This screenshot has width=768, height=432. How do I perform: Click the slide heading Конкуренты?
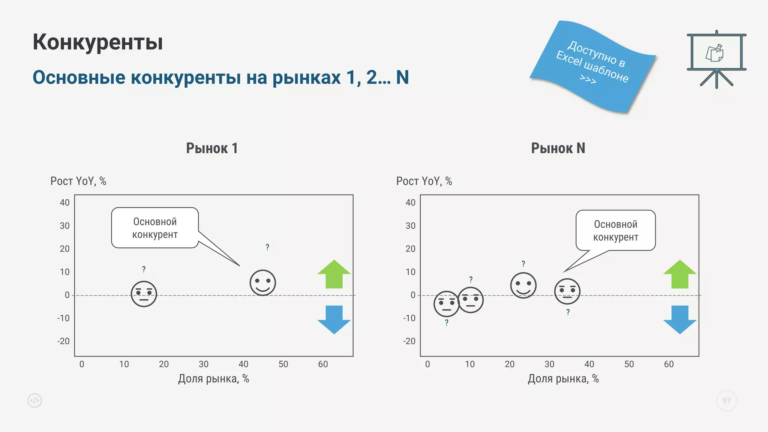(x=97, y=42)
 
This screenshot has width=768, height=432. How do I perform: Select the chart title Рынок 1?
(x=212, y=148)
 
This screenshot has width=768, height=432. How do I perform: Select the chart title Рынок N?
(x=558, y=148)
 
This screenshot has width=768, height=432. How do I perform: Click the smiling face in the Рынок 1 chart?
(x=263, y=283)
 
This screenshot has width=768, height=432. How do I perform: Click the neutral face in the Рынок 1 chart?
(x=144, y=294)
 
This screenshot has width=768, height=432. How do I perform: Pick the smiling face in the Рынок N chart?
(x=523, y=285)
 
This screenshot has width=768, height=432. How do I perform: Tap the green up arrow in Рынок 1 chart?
(x=334, y=274)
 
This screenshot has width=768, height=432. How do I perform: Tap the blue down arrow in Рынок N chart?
(x=679, y=319)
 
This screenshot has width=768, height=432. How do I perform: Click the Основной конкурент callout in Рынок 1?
(x=155, y=228)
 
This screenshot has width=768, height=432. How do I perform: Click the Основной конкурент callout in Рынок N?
(x=615, y=231)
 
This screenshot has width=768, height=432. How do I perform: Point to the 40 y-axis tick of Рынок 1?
(x=65, y=203)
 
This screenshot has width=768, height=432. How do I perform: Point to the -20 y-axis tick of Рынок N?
(x=409, y=341)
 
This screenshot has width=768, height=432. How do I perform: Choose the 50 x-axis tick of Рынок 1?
(x=283, y=364)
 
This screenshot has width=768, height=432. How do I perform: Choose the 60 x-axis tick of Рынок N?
(x=669, y=364)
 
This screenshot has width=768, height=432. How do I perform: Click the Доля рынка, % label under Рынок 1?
(x=213, y=379)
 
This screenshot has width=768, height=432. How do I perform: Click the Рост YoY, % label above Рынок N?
(x=424, y=181)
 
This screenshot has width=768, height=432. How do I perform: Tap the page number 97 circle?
(x=726, y=400)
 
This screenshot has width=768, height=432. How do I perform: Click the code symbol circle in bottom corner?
(x=35, y=400)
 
